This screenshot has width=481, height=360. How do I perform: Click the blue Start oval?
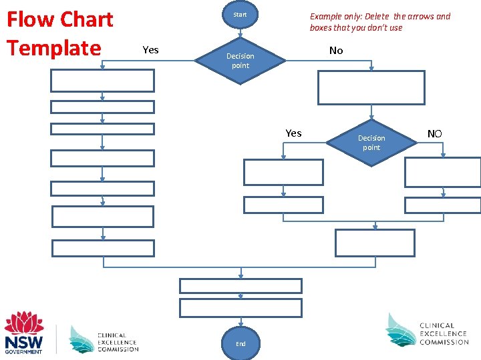(240, 15)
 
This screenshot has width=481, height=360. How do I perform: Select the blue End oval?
(240, 343)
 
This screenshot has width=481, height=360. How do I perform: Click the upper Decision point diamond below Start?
(240, 61)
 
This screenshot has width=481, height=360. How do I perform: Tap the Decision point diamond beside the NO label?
(371, 143)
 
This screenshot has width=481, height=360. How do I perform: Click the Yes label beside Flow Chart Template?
(151, 50)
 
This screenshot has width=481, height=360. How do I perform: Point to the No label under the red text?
(336, 51)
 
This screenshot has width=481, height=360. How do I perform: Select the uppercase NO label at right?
(434, 134)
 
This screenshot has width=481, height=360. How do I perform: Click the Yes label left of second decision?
(293, 133)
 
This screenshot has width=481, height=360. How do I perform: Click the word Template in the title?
(53, 48)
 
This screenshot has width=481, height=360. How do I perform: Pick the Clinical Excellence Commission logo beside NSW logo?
(104, 339)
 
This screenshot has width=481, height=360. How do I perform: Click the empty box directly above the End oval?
(240, 307)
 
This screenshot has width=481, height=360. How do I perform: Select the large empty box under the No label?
(371, 87)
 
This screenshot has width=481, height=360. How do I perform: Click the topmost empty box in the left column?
(103, 81)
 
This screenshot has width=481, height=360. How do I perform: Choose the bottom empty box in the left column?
(103, 248)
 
